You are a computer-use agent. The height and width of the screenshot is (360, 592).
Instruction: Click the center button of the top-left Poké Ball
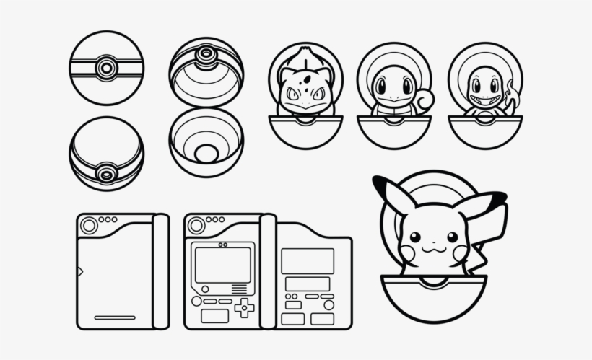[x=106, y=68]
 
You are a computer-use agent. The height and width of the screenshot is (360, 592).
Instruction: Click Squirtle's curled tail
[x=424, y=100]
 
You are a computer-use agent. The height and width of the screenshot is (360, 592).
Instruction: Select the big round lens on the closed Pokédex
[x=89, y=226]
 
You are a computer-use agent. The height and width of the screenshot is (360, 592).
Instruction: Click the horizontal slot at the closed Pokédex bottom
[x=115, y=317]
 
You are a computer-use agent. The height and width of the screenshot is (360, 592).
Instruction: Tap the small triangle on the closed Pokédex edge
[x=80, y=271]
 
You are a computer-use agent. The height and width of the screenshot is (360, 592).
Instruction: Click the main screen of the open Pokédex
[x=222, y=265]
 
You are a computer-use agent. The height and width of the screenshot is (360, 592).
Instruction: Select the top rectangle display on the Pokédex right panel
[x=308, y=260]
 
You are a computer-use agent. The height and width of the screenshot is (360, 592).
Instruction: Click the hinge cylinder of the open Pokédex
[x=268, y=271]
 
